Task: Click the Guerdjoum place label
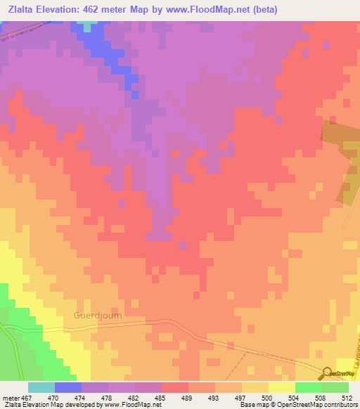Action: click(x=97, y=316)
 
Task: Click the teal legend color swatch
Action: click(x=41, y=387)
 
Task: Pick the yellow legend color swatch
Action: click(x=281, y=387)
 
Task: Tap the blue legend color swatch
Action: click(x=67, y=387)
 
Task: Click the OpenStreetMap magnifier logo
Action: click(x=327, y=373)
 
